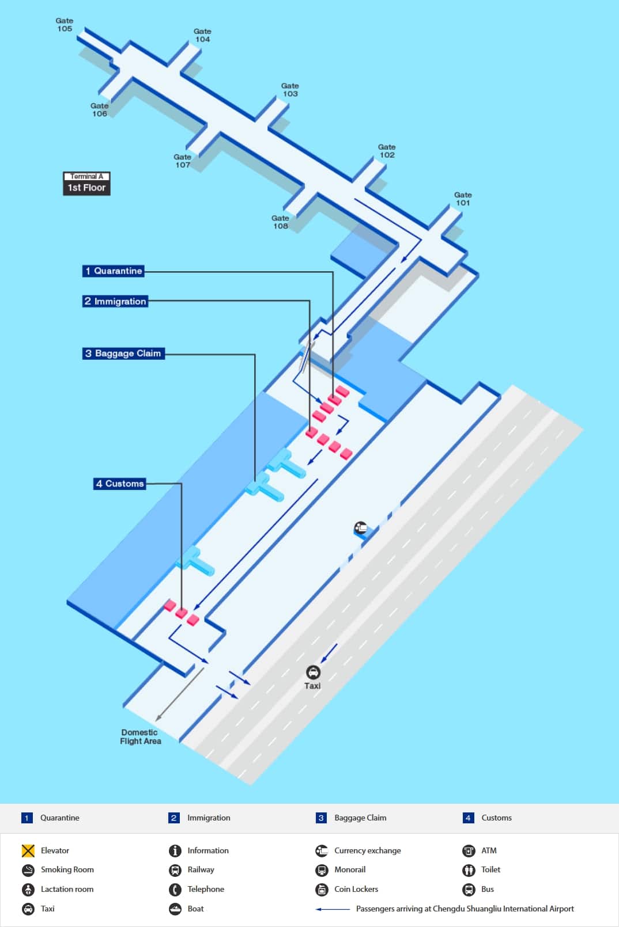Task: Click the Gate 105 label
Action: point(65,25)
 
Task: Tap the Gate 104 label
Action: point(202,36)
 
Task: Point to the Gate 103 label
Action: point(290,90)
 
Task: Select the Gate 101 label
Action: point(463,199)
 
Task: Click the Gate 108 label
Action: point(281,222)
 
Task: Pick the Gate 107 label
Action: point(183,161)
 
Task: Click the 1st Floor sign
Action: point(86,188)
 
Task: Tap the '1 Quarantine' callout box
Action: point(113,271)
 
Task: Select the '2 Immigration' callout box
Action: point(115,301)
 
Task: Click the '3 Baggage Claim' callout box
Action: point(123,354)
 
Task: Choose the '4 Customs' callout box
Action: point(119,484)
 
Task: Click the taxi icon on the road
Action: point(313,672)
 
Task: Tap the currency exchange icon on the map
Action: point(360,527)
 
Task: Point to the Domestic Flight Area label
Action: point(140,737)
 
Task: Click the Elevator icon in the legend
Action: point(28,850)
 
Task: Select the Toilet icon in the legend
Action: point(469,870)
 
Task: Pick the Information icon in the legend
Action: point(175,850)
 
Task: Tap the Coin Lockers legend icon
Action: point(322,890)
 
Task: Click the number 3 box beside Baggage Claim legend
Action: point(321,818)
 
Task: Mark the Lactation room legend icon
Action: point(28,890)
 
